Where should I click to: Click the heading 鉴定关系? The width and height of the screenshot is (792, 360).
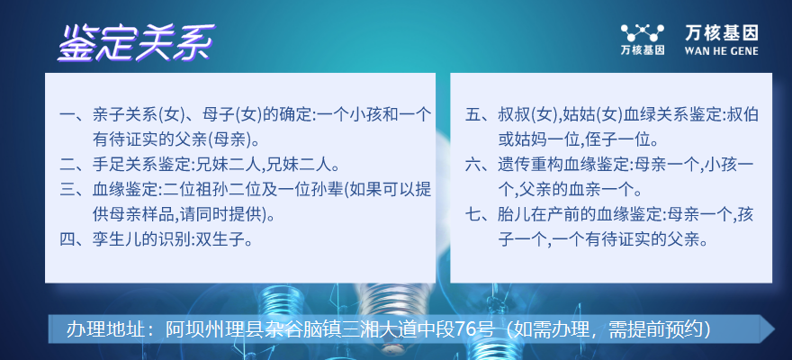coord(136,43)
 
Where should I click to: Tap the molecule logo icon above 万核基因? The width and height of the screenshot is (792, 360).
coord(642,33)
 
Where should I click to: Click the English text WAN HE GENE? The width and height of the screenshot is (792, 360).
coord(721,51)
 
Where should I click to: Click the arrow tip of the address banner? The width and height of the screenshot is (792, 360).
coord(775,329)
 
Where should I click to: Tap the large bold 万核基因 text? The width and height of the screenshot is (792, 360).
coord(722,33)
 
